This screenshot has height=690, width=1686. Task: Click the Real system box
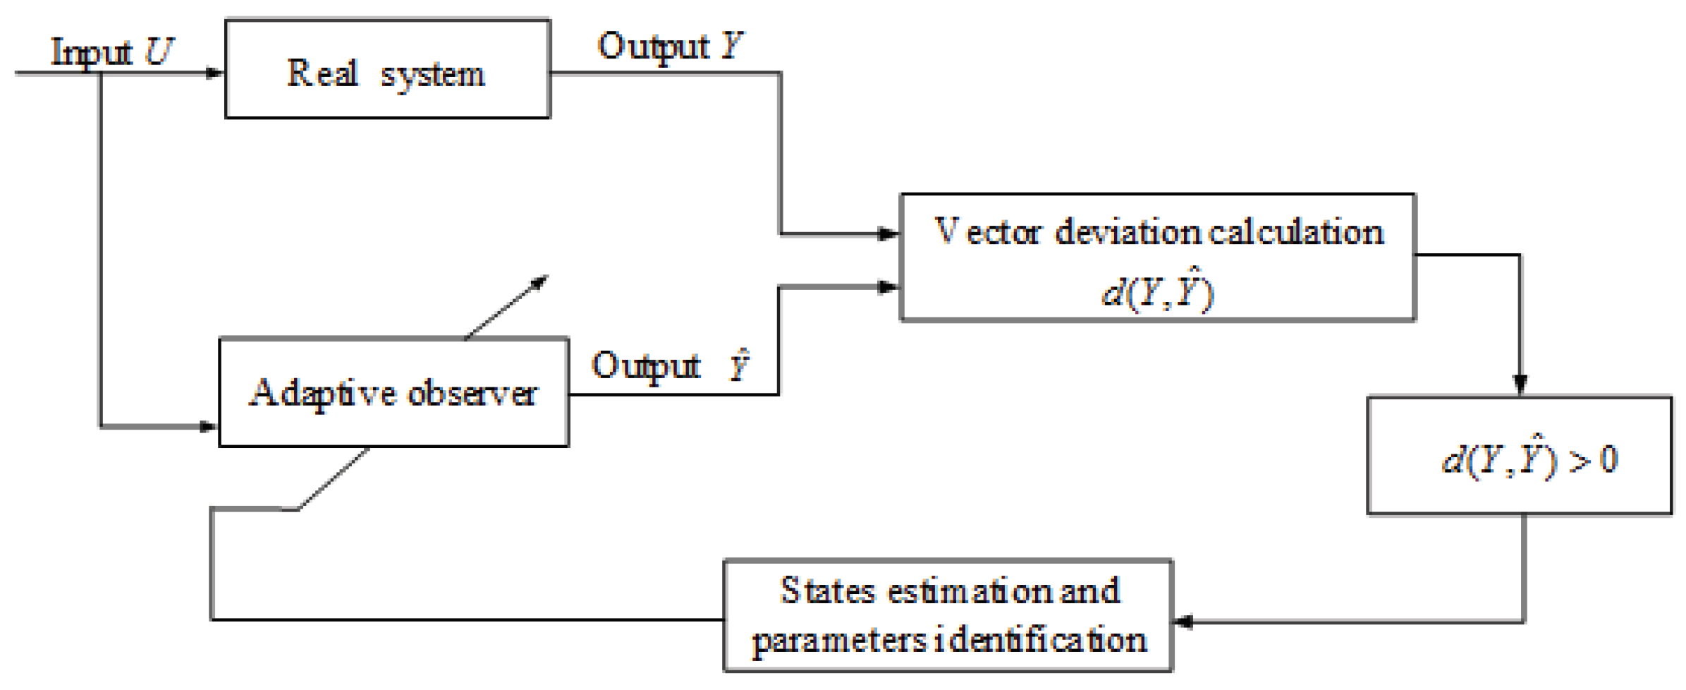387,68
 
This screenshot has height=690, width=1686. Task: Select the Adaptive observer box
393,392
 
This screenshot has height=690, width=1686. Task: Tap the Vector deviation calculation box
1157,258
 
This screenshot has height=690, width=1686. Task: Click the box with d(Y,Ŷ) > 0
1519,456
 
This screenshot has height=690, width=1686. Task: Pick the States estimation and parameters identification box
948,615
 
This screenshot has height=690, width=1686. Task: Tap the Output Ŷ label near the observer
670,365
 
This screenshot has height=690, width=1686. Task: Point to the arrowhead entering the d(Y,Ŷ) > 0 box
1520,385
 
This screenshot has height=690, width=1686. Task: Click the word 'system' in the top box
432,75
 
